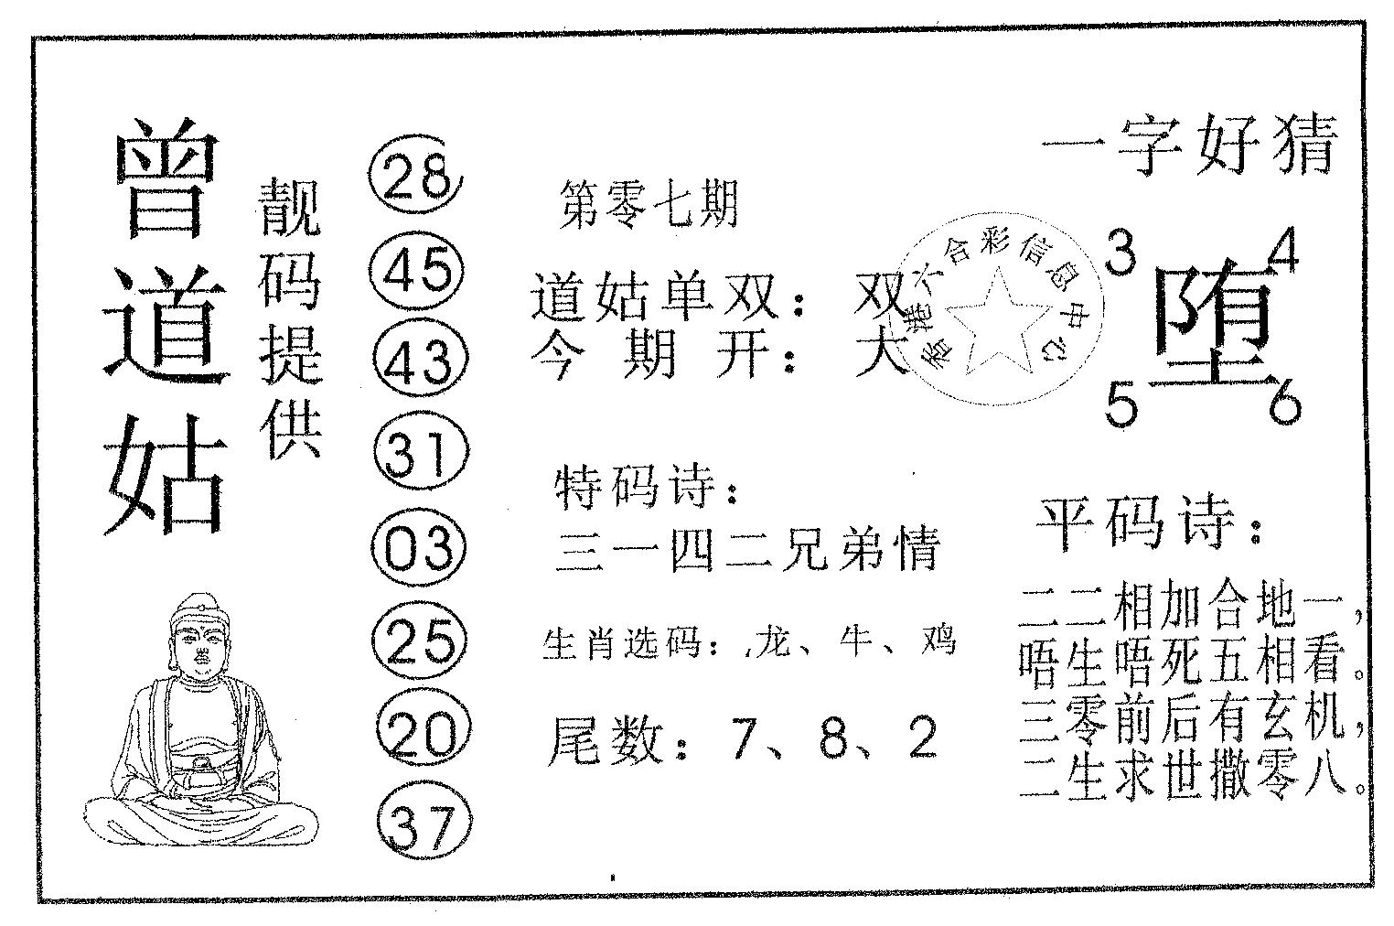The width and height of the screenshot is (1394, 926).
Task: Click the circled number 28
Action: coord(415,175)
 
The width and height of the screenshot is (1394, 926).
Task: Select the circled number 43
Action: coord(419,360)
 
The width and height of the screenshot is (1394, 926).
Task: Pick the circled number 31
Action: coord(422,451)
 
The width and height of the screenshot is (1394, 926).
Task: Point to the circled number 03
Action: coord(418,547)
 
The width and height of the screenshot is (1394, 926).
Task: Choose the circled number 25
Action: coord(419,641)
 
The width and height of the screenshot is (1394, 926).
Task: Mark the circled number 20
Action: coord(424,733)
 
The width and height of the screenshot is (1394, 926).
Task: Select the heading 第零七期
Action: coord(649,204)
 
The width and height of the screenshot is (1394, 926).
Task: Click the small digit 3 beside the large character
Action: coord(1121,253)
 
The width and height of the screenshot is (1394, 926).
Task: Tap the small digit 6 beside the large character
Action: coord(1284,403)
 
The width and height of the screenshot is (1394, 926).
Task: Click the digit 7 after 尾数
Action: coord(745,739)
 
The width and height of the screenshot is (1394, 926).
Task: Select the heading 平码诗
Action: coord(1140,523)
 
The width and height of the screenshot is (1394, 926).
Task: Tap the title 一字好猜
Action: coord(1189,147)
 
